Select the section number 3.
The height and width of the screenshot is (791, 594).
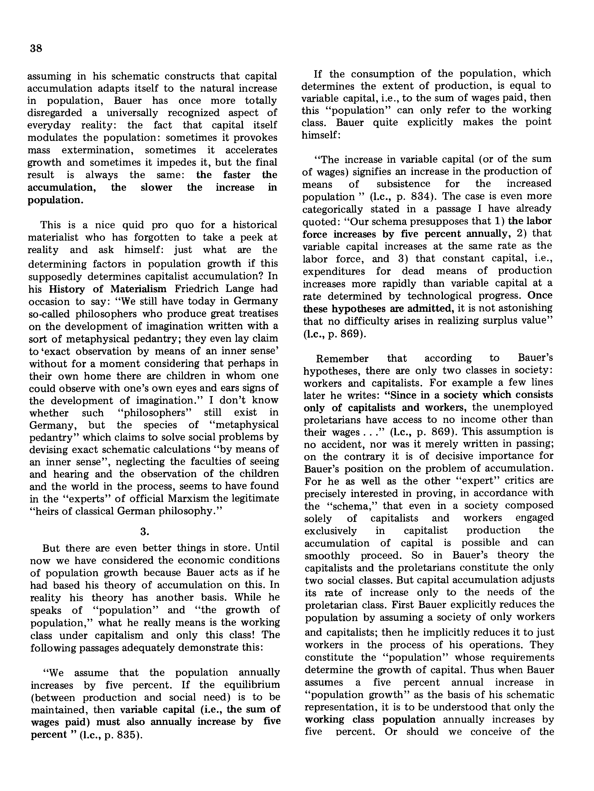pyautogui.click(x=144, y=532)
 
